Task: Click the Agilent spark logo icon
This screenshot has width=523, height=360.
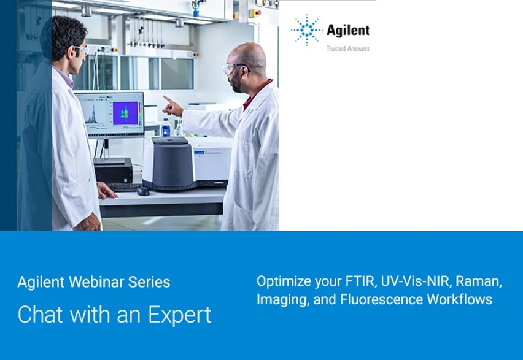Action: pyautogui.click(x=306, y=31)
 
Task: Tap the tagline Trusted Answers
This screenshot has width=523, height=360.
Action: pyautogui.click(x=347, y=48)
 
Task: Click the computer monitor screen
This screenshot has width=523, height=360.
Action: pyautogui.click(x=109, y=113)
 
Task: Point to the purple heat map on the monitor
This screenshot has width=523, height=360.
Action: pyautogui.click(x=125, y=113)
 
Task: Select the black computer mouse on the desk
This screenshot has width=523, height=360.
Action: pyautogui.click(x=143, y=191)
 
